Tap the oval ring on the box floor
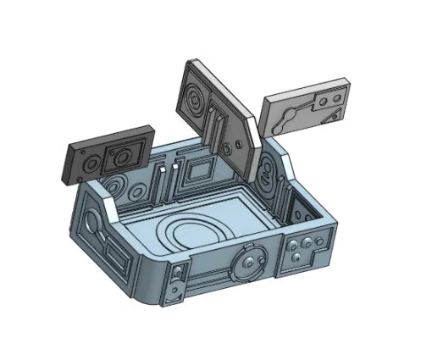click(196, 233)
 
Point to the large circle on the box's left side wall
click(91, 229)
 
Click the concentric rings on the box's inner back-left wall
click(119, 187)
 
